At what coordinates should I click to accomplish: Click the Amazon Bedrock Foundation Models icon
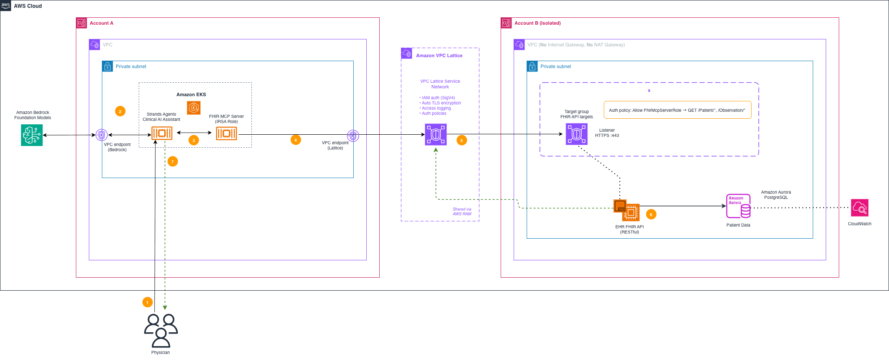click(32, 135)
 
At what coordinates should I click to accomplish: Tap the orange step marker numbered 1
click(147, 302)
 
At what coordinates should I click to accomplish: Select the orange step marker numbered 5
click(462, 140)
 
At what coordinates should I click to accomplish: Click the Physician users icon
click(161, 331)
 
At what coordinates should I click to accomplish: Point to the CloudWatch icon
click(860, 208)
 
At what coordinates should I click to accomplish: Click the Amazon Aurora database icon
click(739, 206)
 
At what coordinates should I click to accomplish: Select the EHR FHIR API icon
click(627, 210)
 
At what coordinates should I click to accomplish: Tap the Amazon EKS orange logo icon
click(194, 107)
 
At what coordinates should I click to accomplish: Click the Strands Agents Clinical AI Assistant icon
click(162, 133)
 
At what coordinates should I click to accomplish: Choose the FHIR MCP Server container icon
click(227, 133)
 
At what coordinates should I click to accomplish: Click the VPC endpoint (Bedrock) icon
click(101, 135)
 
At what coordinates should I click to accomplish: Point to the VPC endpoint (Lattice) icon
click(353, 136)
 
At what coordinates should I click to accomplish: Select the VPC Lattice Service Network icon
click(436, 134)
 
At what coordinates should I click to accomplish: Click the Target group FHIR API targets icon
click(576, 134)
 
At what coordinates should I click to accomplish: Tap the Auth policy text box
click(677, 110)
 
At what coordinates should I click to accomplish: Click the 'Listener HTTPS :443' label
click(607, 133)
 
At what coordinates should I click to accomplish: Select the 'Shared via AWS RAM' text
click(462, 211)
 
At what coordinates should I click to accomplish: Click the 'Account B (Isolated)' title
click(537, 23)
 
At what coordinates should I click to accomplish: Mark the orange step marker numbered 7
click(173, 162)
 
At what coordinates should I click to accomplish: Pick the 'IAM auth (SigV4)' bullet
click(437, 98)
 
